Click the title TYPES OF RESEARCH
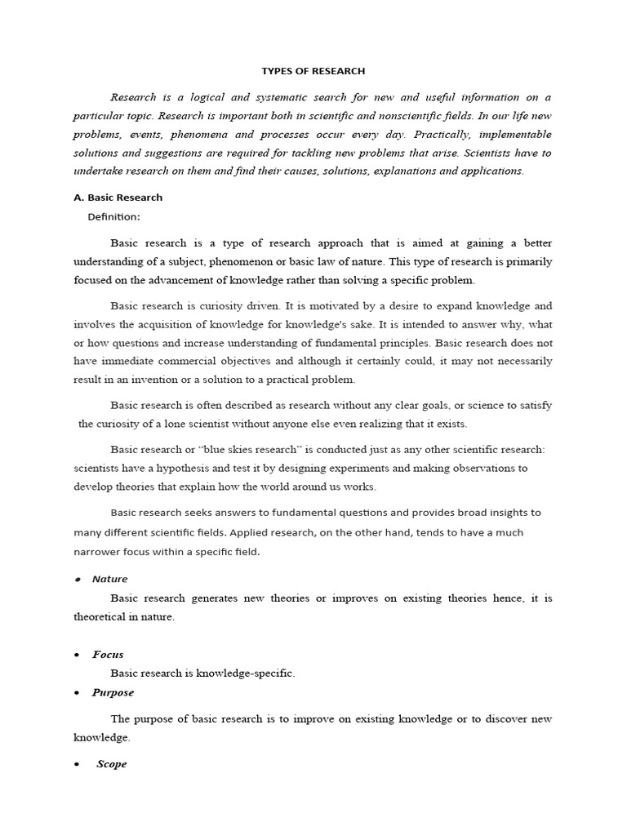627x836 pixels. pos(313,71)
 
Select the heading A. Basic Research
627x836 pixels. pos(118,197)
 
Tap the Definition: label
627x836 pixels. pos(114,216)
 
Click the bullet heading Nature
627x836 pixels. pos(109,579)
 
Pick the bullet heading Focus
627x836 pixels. pos(108,655)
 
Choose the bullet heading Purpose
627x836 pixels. pos(113,692)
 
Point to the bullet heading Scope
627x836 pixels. pos(112,764)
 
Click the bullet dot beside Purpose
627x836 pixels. pos(76,693)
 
